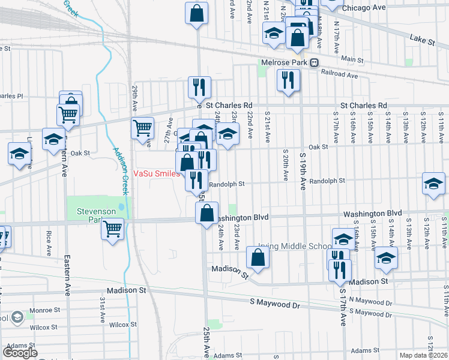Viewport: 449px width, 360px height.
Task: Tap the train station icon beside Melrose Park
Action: (314, 62)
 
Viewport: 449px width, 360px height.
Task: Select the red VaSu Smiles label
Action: (156, 173)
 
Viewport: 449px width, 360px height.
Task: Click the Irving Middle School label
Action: (295, 246)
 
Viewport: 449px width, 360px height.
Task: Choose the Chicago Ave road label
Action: (363, 8)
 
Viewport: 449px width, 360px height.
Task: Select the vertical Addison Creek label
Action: (117, 170)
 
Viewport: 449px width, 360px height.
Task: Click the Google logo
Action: (20, 353)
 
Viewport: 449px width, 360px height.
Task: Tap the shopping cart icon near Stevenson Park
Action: (113, 229)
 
